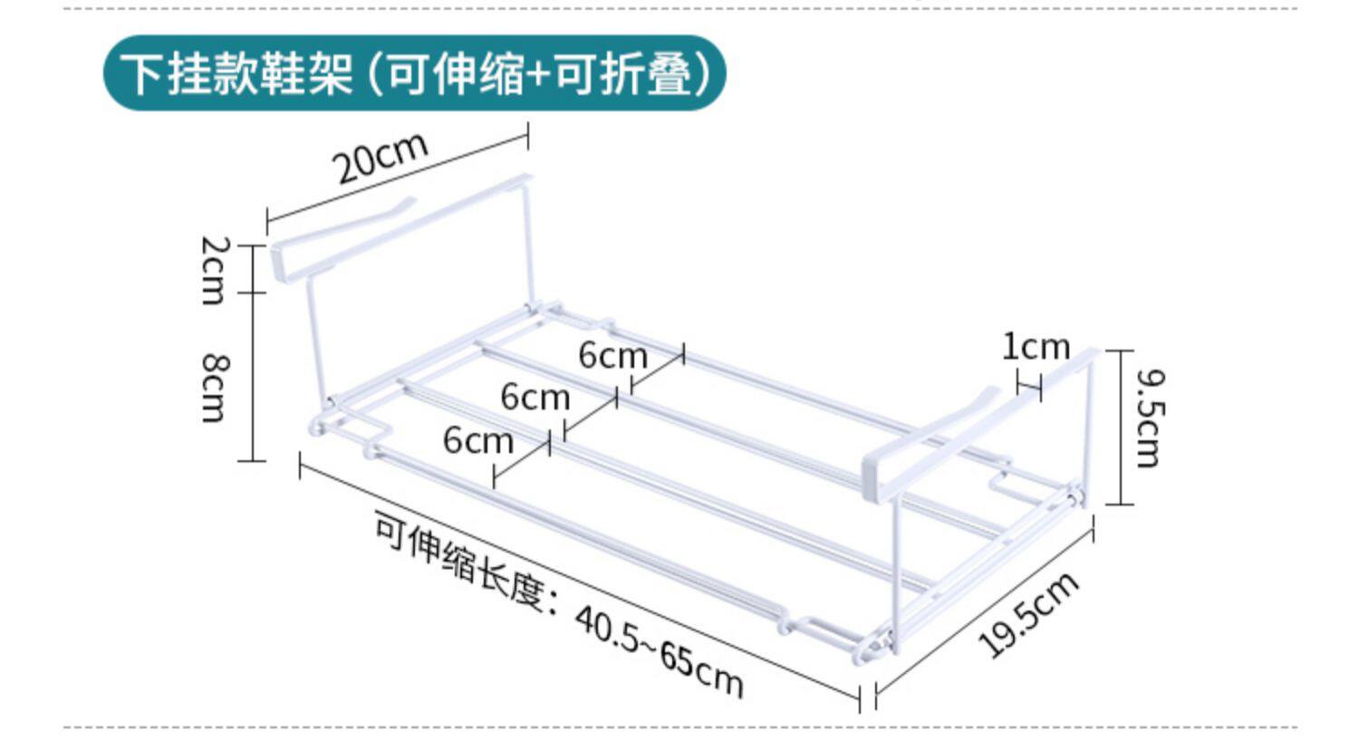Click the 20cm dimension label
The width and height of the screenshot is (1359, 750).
tap(381, 159)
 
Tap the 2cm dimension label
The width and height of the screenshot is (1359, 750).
tap(215, 269)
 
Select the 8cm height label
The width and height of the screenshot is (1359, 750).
tap(215, 388)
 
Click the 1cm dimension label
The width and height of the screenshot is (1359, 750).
tap(1036, 346)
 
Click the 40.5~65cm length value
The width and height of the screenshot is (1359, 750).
tap(658, 651)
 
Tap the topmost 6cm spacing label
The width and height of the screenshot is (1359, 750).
tap(612, 355)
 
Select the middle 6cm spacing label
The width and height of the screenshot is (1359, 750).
tap(535, 397)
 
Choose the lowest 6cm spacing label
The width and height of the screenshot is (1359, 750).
tap(477, 440)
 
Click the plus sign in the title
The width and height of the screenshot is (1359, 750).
tap(540, 75)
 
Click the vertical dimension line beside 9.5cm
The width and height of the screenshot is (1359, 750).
tap(1122, 427)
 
